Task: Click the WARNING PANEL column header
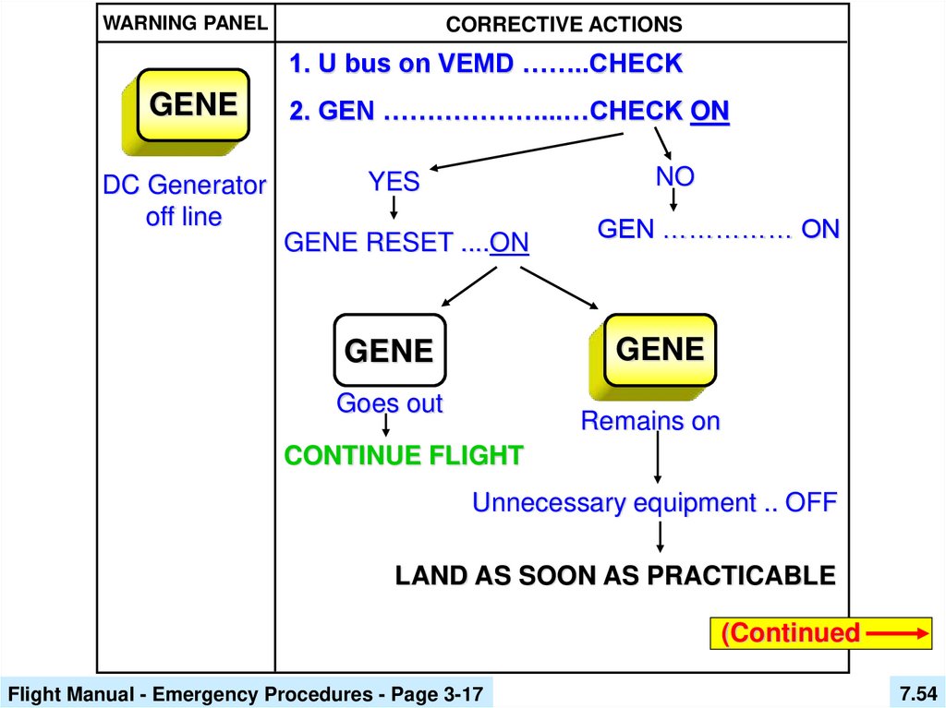click(185, 23)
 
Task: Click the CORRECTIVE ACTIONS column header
click(564, 25)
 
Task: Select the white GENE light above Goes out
click(389, 351)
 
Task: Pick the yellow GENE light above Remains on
click(660, 349)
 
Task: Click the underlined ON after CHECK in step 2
click(709, 112)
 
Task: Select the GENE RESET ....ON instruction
click(406, 243)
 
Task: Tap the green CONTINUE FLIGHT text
click(404, 455)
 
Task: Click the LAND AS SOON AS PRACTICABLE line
click(615, 575)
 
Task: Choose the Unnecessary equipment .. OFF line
click(654, 503)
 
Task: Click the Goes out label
click(389, 403)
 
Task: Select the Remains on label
click(649, 421)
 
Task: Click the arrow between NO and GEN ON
click(674, 200)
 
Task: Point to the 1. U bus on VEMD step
click(485, 65)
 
